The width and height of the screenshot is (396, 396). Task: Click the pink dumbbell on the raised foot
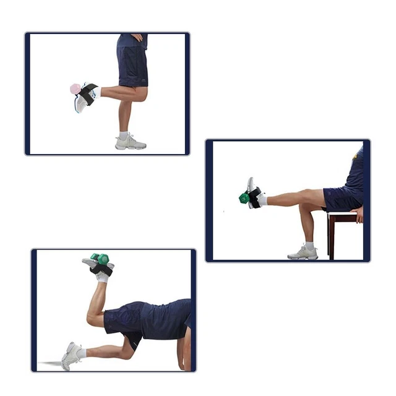(x=75, y=89)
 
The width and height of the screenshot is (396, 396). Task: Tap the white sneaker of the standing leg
(x=130, y=143)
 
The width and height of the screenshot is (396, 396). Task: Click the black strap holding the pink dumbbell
(x=87, y=95)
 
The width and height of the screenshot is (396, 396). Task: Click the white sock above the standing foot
(x=124, y=134)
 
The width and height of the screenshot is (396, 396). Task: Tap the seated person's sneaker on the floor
(x=303, y=252)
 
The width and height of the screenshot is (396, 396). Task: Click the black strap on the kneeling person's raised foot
(x=101, y=269)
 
